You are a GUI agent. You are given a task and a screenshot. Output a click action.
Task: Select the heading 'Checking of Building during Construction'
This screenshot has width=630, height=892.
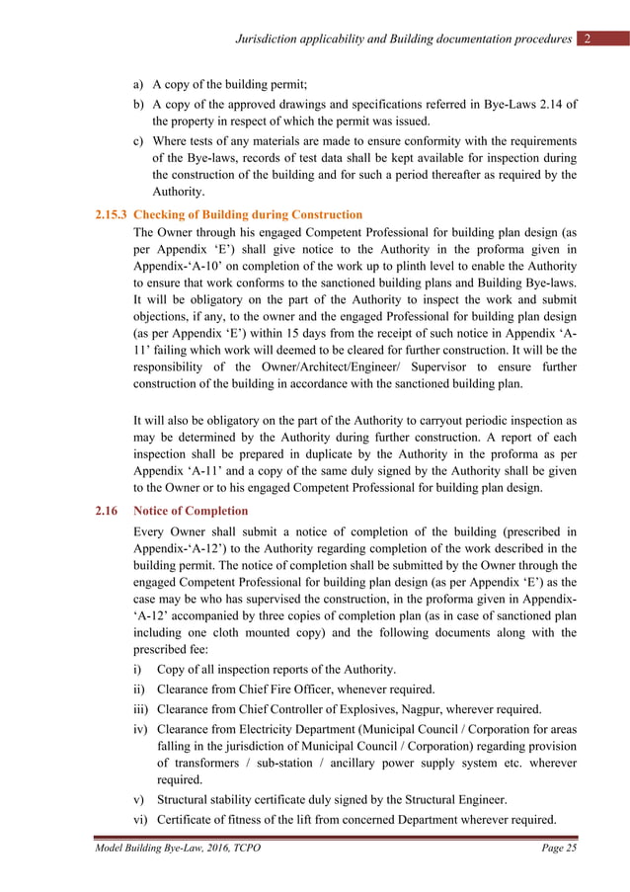click(248, 214)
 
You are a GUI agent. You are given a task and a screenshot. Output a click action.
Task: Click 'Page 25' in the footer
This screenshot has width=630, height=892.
click(559, 852)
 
